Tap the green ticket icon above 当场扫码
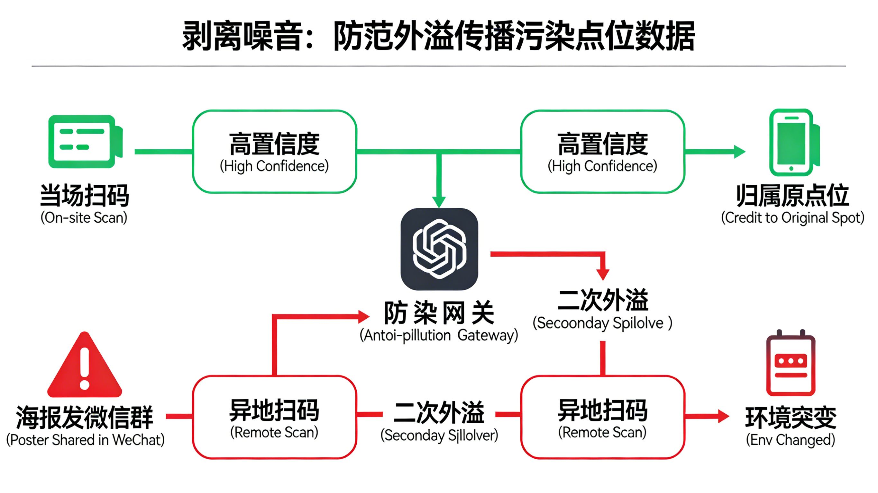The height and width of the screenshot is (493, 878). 85,142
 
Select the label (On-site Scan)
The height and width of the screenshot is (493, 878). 84,217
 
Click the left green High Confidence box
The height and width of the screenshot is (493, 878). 274,152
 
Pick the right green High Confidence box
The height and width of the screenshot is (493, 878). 602,152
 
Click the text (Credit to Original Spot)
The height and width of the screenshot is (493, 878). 792,217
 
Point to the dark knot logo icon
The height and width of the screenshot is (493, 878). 439,249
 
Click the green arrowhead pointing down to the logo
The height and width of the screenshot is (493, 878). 439,202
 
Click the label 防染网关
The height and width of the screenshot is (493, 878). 439,313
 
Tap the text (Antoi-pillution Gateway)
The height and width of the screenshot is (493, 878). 439,335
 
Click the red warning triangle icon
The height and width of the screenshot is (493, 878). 85,366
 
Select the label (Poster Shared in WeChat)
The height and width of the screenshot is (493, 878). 85,440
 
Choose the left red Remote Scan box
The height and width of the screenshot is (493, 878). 274,417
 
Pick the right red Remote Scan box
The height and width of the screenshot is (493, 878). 602,417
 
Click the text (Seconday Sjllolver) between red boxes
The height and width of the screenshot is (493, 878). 439,435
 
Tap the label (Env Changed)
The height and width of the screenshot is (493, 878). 791,440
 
